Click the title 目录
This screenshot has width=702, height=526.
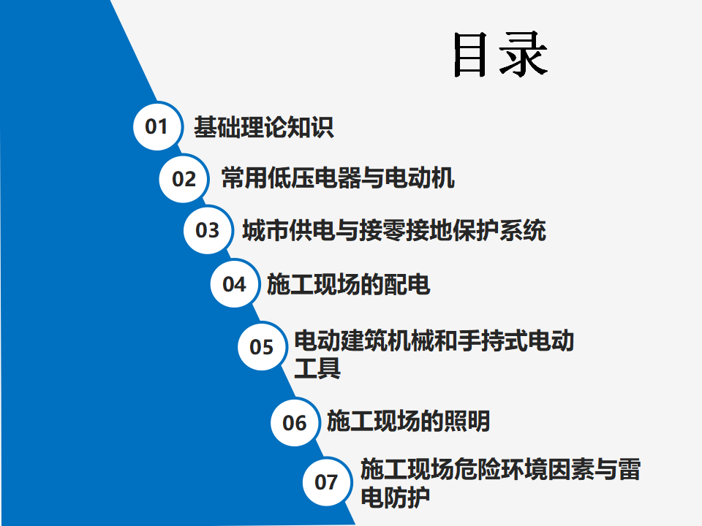[x=500, y=55]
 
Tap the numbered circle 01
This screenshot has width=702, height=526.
[x=157, y=126]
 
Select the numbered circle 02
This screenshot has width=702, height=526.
[x=184, y=178]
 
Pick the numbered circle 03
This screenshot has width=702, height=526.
[x=208, y=230]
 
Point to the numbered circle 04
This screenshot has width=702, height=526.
[x=235, y=283]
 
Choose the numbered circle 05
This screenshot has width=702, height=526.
[x=262, y=346]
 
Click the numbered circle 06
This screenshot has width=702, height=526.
[x=295, y=422]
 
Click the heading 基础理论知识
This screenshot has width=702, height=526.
[x=264, y=127]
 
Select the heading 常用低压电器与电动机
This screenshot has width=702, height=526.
[x=338, y=178]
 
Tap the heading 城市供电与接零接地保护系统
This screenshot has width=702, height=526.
[x=394, y=230]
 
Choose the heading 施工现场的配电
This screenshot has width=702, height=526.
[x=348, y=284]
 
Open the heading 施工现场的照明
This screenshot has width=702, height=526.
[x=408, y=421]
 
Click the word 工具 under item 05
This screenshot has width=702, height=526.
[x=317, y=368]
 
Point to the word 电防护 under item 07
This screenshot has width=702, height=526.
[x=396, y=497]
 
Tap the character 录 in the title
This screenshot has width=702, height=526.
[x=524, y=55]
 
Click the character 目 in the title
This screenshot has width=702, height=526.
[x=469, y=55]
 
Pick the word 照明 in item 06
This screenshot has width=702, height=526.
[x=467, y=421]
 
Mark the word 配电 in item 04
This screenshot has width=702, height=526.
[x=407, y=284]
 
